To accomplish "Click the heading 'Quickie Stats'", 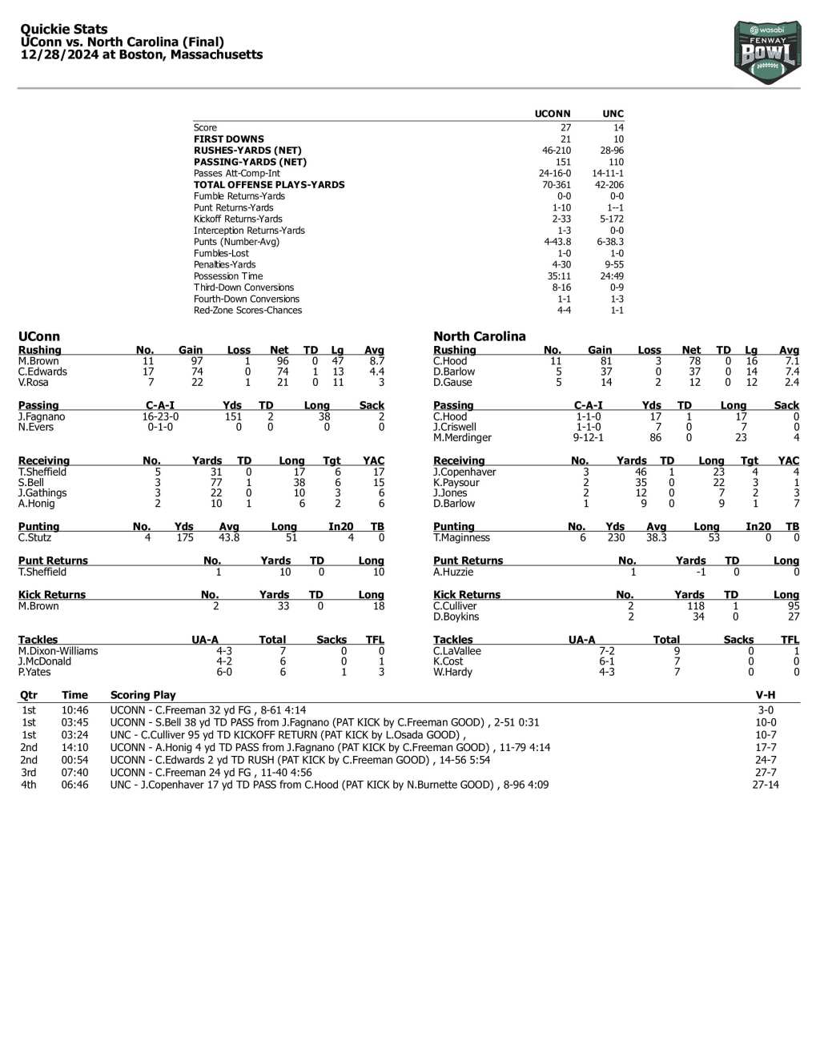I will [x=64, y=30].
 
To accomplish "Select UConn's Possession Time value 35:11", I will [x=564, y=276].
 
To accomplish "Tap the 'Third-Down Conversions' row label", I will [x=243, y=287].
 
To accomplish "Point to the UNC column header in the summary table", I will [x=613, y=114].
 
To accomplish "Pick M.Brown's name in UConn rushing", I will [x=38, y=361].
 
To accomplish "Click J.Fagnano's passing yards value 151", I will [x=232, y=416].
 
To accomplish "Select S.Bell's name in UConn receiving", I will [x=31, y=483].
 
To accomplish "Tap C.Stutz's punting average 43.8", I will [x=229, y=537].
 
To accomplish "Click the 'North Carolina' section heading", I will [x=479, y=336].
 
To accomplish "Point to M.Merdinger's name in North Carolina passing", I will [x=462, y=437].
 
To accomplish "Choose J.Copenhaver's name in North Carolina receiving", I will [x=464, y=472].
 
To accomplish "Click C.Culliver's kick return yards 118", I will [x=696, y=606].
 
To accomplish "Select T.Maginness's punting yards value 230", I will [x=615, y=537].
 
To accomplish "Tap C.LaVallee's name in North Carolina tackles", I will [x=457, y=651].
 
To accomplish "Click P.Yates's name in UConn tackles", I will [x=34, y=672].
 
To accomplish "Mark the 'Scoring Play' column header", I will [x=143, y=695].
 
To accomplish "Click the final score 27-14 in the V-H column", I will [x=765, y=785].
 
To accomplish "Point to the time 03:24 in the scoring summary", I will [x=74, y=735].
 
